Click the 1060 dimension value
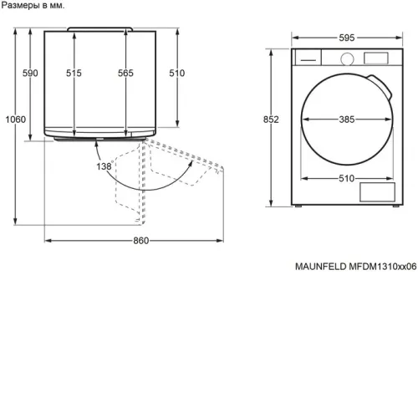[16, 120]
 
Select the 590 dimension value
[30, 73]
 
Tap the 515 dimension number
[74, 73]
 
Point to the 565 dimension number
[125, 73]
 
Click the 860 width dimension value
[141, 241]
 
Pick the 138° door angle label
[104, 166]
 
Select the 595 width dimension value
[347, 38]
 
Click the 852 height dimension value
[271, 120]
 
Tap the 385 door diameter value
[347, 120]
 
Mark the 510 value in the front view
[347, 178]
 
